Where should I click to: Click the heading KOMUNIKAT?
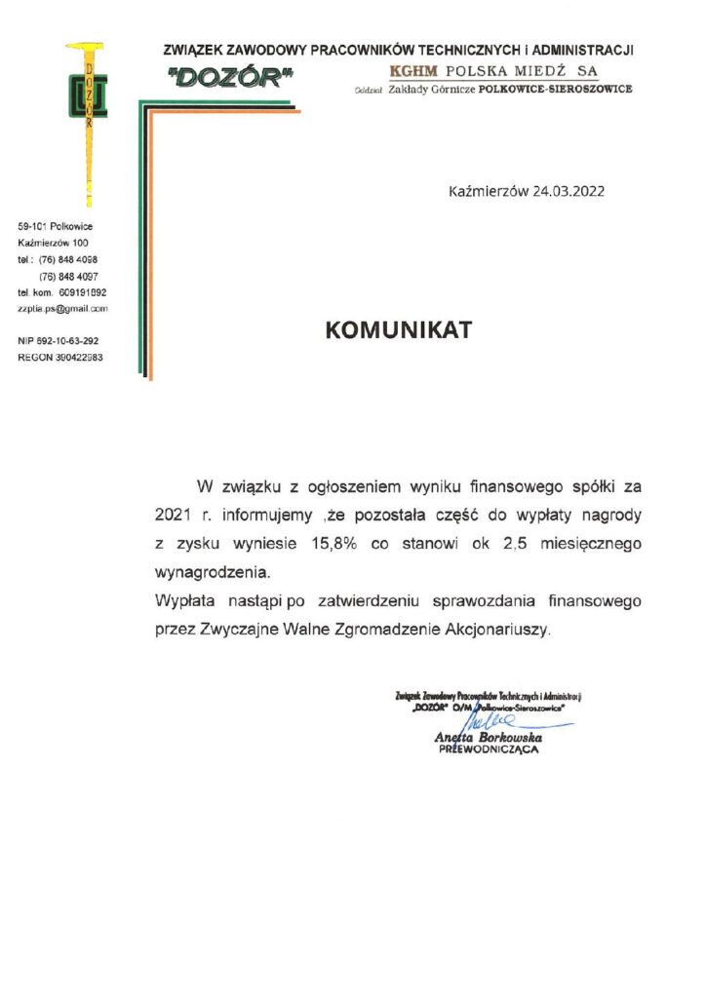point(398,330)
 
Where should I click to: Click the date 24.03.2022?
point(569,191)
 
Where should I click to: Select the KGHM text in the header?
point(412,71)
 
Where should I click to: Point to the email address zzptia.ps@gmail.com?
point(62,308)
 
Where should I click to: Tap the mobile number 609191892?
point(83,292)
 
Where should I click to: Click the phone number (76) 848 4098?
point(68,259)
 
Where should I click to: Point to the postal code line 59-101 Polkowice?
point(56,226)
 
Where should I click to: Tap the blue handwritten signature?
point(497,722)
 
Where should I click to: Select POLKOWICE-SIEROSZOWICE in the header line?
point(558,89)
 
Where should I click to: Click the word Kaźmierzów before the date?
point(486,191)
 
